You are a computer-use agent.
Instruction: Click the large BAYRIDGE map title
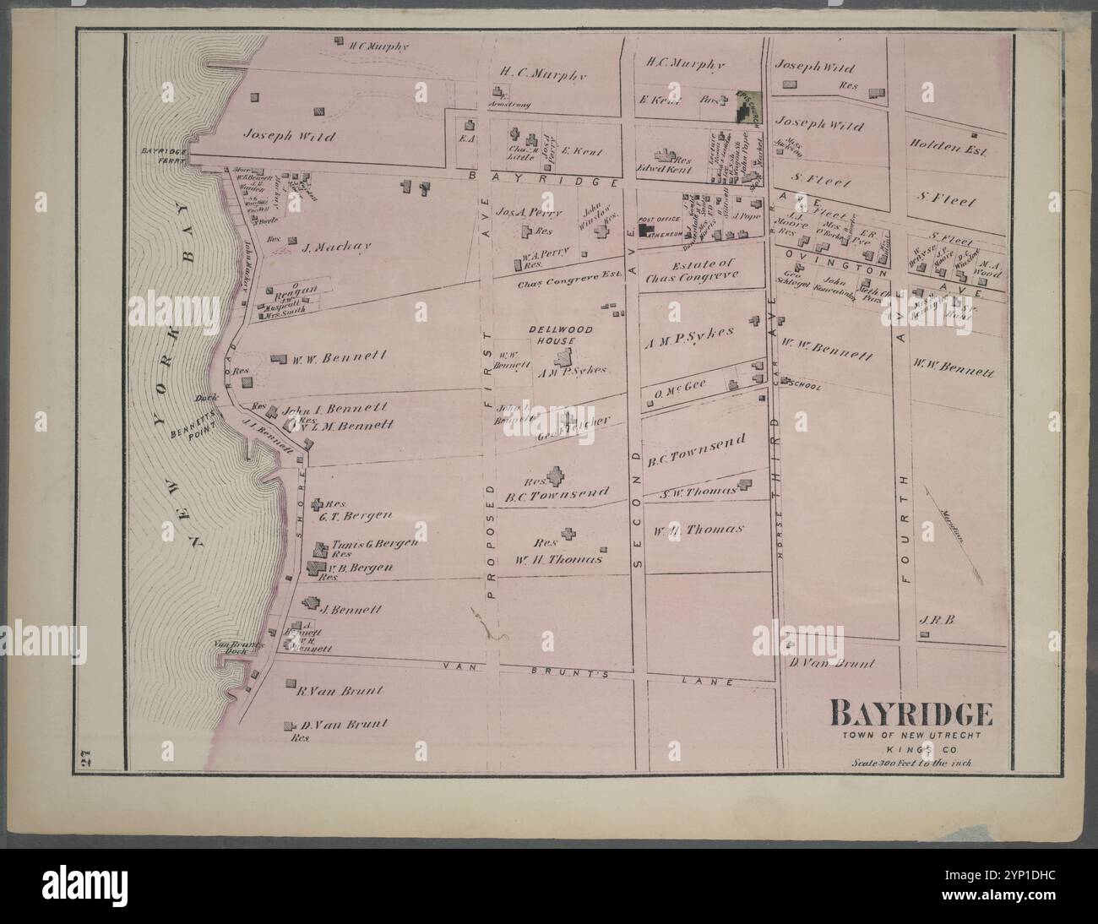point(912,715)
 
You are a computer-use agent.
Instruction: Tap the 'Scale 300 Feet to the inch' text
point(912,763)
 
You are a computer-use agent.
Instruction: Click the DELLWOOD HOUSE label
point(560,334)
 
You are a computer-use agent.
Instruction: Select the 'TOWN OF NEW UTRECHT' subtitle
point(912,735)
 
